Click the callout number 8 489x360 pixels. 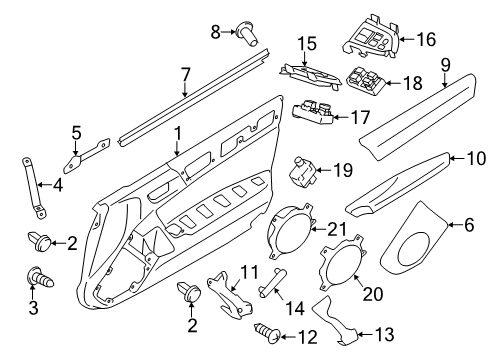(216, 32)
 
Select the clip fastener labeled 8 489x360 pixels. (247, 34)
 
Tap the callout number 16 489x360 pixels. (426, 39)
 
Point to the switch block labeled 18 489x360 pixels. (367, 80)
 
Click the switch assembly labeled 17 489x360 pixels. (313, 113)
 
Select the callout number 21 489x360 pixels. (337, 229)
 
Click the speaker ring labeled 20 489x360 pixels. (342, 263)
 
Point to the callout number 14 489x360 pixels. (295, 309)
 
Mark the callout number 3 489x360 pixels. (33, 308)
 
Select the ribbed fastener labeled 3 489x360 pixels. (40, 277)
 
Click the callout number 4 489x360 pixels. (58, 185)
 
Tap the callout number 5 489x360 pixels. (76, 133)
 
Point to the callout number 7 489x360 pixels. (186, 74)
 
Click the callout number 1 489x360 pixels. (178, 133)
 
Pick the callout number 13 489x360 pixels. (384, 334)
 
